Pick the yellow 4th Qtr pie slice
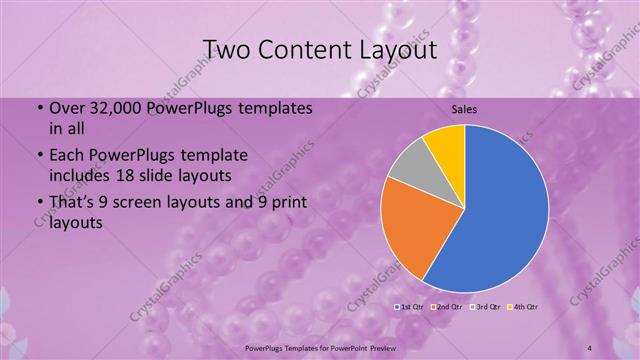point(446,145)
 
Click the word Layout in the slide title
point(393,49)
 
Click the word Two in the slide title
point(229,49)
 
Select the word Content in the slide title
point(305,49)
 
